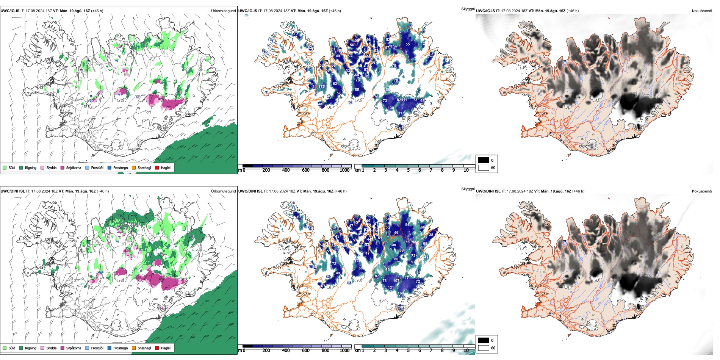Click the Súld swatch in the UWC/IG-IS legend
click(5, 167)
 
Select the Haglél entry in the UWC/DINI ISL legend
click(166, 348)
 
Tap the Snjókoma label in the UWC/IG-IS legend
click(74, 167)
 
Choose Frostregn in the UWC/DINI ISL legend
click(120, 348)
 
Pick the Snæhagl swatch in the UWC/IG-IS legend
click(134, 167)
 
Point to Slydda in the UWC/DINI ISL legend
click(51, 348)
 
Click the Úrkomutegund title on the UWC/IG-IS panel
click(223, 11)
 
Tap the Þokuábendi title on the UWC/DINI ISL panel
click(702, 191)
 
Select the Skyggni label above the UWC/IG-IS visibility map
click(468, 9)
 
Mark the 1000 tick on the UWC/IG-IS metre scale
click(344, 170)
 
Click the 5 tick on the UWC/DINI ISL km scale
click(409, 351)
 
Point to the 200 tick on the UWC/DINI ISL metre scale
click(266, 351)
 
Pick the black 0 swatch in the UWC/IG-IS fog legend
click(484, 160)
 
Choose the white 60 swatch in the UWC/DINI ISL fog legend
click(484, 348)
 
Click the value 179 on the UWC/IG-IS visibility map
click(322, 87)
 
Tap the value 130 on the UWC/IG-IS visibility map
click(391, 108)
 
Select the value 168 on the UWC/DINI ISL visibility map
click(401, 293)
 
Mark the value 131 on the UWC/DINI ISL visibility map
click(391, 288)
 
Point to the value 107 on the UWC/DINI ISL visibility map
click(396, 281)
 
